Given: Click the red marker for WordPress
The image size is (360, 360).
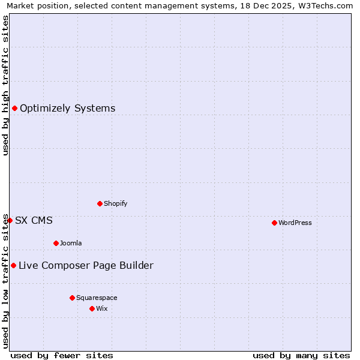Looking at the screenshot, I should [274, 223].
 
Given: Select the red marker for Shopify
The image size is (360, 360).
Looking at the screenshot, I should [100, 203].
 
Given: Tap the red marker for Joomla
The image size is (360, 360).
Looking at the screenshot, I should [56, 243].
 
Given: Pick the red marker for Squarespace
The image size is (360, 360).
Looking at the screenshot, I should [72, 298].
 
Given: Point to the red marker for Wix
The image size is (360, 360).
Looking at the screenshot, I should [92, 308].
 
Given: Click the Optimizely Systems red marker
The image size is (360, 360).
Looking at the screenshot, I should [14, 108].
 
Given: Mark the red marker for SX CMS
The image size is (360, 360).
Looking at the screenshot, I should [10, 220].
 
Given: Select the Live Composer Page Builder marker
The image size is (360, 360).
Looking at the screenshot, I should [13, 265].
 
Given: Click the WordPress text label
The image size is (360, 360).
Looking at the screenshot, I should [295, 223].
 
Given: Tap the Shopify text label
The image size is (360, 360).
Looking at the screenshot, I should [116, 203].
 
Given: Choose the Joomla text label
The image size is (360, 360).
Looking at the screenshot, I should [71, 243].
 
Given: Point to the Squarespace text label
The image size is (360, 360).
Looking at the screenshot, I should [97, 298].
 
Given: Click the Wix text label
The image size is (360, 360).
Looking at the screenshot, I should [102, 308].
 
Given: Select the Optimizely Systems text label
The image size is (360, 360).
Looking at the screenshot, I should [68, 108].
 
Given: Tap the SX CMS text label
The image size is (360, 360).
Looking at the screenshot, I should [34, 220].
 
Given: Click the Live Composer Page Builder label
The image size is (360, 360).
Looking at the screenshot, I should [86, 265].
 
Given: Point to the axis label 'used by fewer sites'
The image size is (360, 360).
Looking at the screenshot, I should [62, 355].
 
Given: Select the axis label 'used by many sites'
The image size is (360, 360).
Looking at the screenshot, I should [301, 355].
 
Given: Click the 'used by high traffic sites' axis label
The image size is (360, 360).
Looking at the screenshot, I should [5, 85].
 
